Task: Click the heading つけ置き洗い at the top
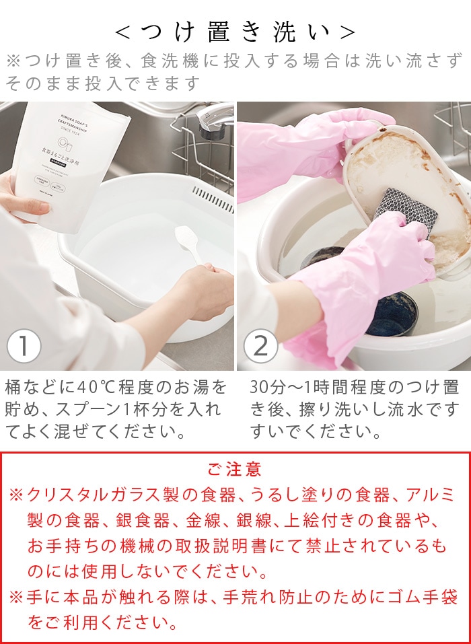tap(235, 32)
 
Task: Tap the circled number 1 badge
tap(24, 346)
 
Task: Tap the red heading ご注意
tap(235, 469)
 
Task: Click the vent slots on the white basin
tap(212, 199)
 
